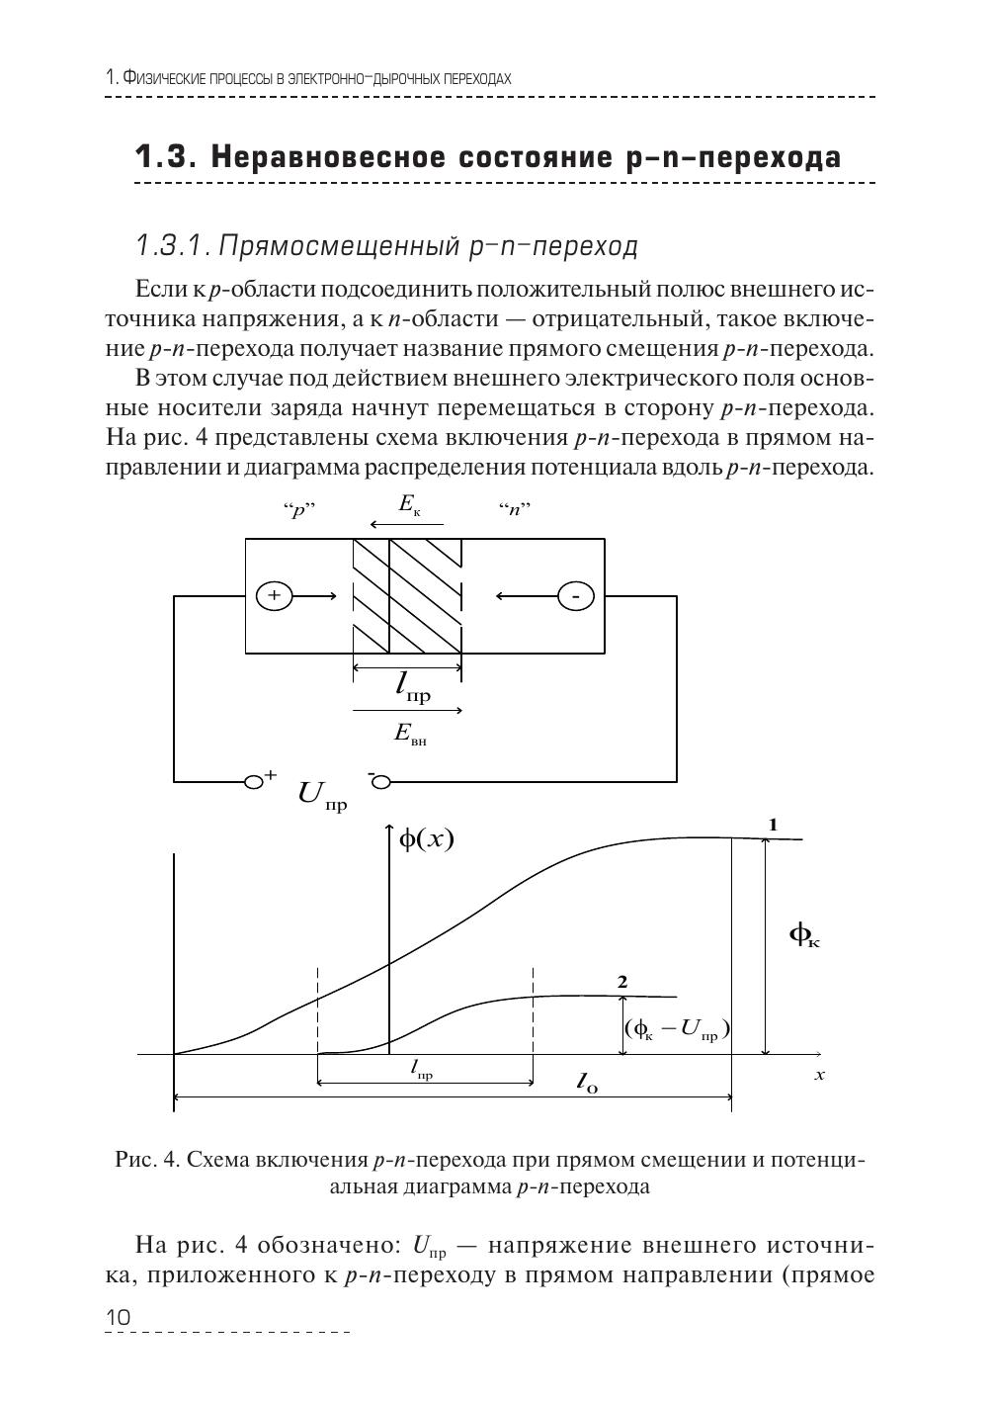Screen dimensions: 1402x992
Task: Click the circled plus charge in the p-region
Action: (x=275, y=595)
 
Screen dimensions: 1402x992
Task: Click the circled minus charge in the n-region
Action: (x=576, y=596)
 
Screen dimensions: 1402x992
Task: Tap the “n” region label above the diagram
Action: (x=515, y=510)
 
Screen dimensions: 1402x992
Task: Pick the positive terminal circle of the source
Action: (x=254, y=782)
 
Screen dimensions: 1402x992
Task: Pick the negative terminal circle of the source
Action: (x=380, y=782)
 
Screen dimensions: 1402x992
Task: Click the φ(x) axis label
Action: (x=426, y=839)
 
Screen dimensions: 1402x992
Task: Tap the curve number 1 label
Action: (x=774, y=824)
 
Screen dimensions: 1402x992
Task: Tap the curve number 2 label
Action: (x=621, y=982)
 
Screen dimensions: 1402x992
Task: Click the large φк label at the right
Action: (x=804, y=934)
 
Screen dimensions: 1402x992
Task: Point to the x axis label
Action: (x=819, y=1074)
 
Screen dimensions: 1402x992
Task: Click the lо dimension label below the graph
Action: (x=587, y=1083)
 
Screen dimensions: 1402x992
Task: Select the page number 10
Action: (x=117, y=1318)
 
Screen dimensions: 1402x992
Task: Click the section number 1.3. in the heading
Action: (x=167, y=157)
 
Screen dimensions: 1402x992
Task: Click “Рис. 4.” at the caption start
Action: (x=147, y=1160)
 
